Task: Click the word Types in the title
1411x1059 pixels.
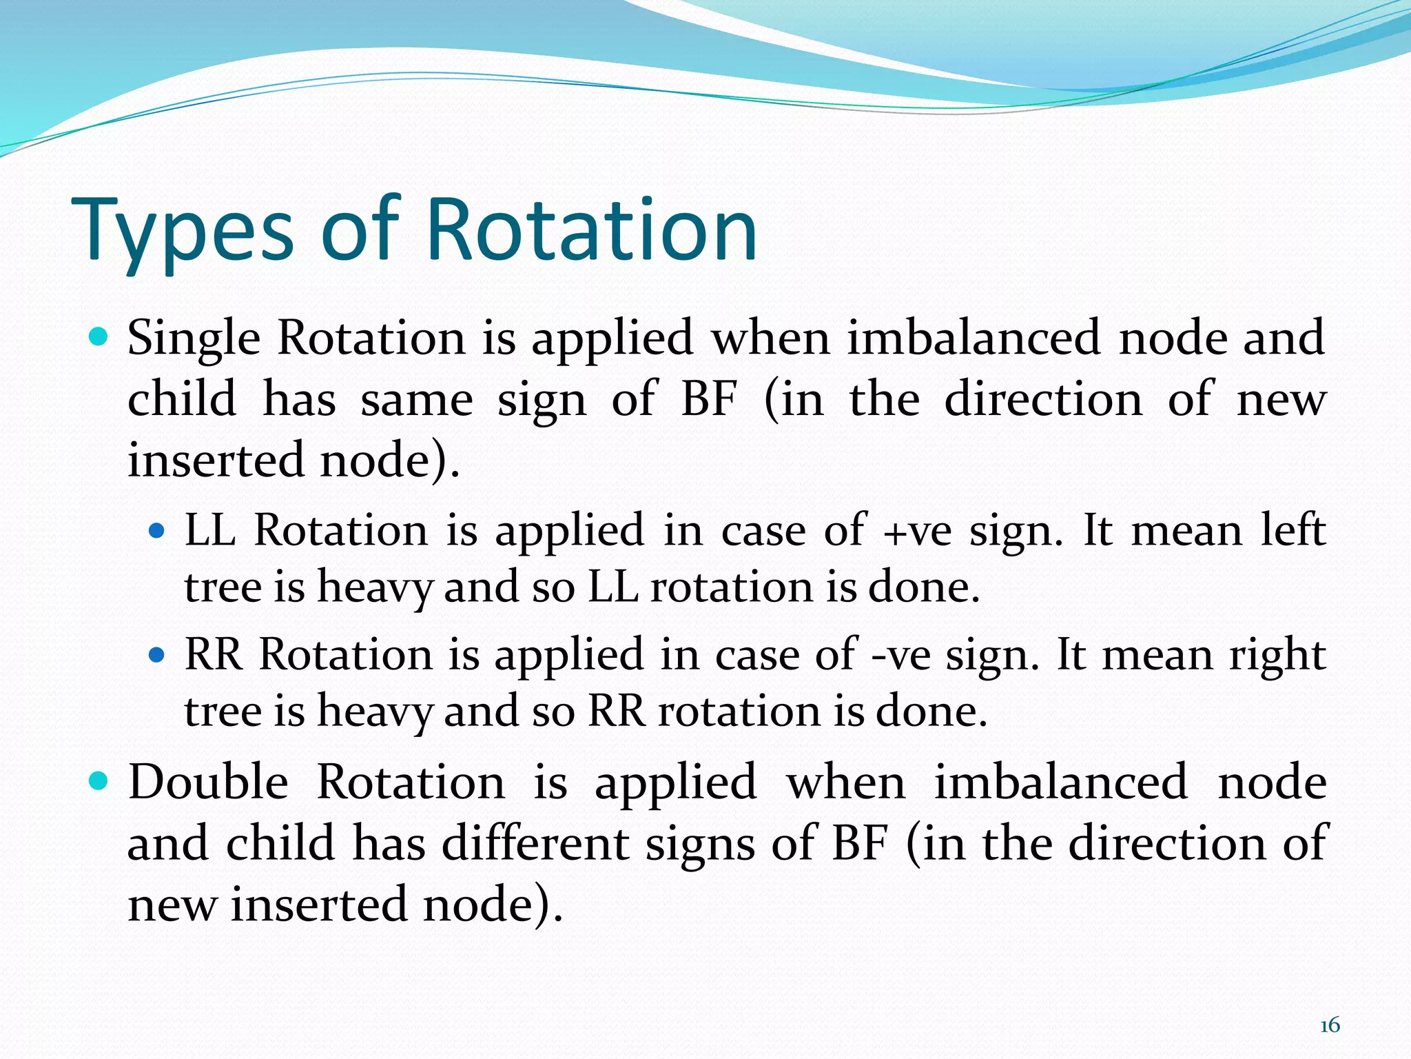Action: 183,231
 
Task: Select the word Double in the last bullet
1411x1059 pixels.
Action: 208,783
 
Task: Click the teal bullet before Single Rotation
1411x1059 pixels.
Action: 100,338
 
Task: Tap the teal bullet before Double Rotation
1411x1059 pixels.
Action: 100,782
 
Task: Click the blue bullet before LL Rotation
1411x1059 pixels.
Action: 158,531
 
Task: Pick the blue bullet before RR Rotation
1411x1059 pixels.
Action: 158,654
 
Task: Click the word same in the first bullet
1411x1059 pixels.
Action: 416,401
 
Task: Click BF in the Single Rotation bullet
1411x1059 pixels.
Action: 709,399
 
